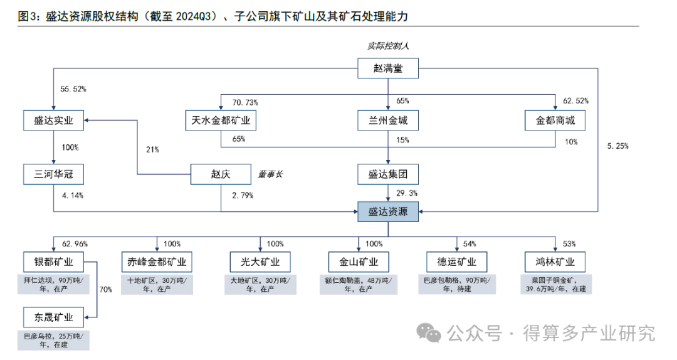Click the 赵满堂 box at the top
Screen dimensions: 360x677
(388, 68)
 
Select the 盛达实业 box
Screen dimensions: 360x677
(53, 120)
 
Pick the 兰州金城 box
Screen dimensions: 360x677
(388, 120)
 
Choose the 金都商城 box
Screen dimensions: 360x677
(555, 120)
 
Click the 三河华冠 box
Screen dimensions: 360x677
(53, 174)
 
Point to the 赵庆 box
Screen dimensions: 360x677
(221, 174)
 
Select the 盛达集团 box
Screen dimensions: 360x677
(388, 174)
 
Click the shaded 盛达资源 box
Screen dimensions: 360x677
(388, 212)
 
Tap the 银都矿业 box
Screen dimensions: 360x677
(53, 262)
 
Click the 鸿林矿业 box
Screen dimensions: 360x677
(555, 262)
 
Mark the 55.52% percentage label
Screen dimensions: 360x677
(73, 89)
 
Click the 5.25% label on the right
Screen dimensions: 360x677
(618, 146)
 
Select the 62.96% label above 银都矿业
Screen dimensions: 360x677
(75, 243)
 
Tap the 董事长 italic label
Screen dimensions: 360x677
(270, 174)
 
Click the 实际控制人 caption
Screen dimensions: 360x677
(388, 46)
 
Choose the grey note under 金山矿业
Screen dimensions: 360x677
(359, 284)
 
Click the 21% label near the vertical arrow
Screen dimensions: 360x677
(152, 149)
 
